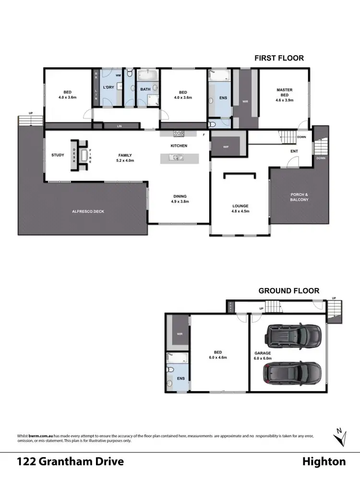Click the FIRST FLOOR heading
[x=279, y=58]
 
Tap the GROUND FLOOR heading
[x=288, y=290]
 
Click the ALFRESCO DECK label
[x=88, y=211]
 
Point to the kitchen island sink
[x=177, y=157]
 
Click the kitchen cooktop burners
[x=179, y=134]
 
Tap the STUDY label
[x=58, y=155]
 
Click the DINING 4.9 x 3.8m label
[x=180, y=199]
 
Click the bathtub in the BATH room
[x=145, y=76]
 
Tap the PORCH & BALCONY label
[x=300, y=197]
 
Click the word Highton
[x=324, y=462]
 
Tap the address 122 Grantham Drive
[x=71, y=462]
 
